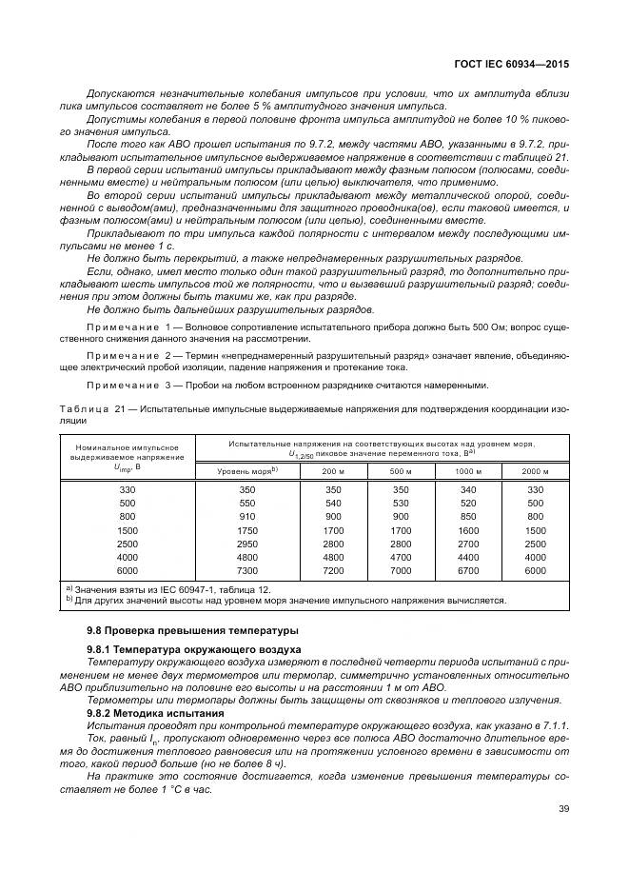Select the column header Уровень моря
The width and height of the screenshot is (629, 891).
tap(246, 471)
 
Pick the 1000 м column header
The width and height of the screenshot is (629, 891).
tap(468, 471)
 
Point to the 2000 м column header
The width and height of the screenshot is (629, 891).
tap(535, 471)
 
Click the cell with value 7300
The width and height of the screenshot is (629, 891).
tap(246, 570)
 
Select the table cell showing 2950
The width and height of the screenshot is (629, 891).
tap(246, 544)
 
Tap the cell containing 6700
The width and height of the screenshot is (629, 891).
tap(468, 570)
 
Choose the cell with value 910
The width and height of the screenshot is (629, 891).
tap(246, 517)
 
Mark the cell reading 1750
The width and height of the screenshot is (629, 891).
tap(246, 530)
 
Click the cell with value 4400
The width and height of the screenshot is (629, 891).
tap(468, 557)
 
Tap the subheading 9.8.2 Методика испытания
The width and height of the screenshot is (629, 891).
tap(155, 712)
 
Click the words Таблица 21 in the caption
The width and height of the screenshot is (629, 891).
tap(92, 408)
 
